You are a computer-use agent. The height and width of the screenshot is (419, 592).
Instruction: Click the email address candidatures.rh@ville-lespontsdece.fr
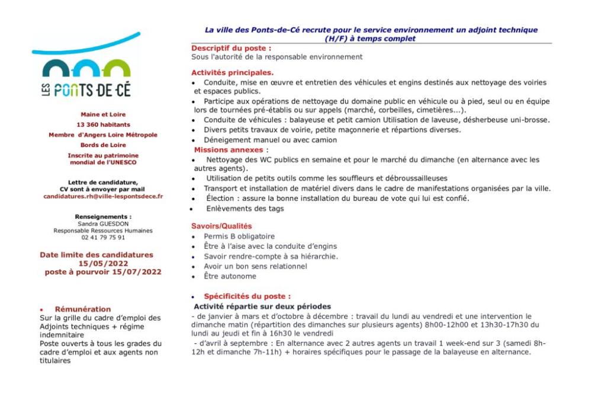click(x=103, y=196)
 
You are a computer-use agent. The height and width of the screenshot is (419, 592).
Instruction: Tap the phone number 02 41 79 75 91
click(x=103, y=237)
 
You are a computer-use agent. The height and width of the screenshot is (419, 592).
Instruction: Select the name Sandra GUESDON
click(x=103, y=224)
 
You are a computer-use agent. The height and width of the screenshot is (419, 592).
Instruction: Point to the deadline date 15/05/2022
click(x=103, y=263)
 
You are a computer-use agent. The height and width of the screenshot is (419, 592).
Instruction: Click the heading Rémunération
click(x=83, y=309)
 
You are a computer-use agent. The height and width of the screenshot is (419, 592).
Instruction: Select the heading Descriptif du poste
click(x=231, y=48)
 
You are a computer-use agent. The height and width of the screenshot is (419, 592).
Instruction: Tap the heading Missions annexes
click(x=229, y=150)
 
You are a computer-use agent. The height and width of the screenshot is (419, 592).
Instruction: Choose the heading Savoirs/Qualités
click(x=221, y=226)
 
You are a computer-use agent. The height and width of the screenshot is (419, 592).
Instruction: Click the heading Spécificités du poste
click(x=247, y=296)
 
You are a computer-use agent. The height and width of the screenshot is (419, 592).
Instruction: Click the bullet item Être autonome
click(x=230, y=276)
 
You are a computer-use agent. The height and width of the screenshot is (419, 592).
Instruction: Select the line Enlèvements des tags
click(x=244, y=209)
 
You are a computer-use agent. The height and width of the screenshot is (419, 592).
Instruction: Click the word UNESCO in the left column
click(x=124, y=162)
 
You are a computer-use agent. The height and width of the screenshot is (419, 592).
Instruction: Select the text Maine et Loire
click(x=103, y=114)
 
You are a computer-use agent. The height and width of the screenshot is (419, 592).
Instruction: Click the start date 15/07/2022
click(x=136, y=272)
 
